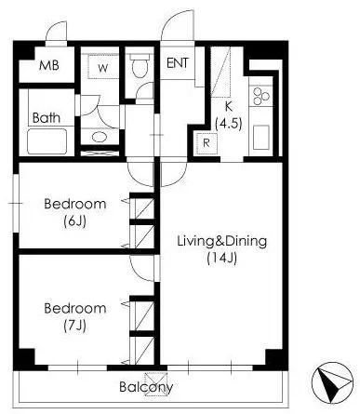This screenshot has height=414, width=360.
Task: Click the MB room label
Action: pyautogui.click(x=49, y=65)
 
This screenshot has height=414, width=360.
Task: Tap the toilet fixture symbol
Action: pyautogui.click(x=140, y=65)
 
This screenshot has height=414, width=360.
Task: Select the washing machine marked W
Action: pyautogui.click(x=103, y=66)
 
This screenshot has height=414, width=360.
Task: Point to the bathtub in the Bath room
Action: pyautogui.click(x=47, y=141)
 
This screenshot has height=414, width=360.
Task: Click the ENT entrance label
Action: pyautogui.click(x=178, y=63)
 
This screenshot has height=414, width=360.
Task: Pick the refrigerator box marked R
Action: pyautogui.click(x=207, y=143)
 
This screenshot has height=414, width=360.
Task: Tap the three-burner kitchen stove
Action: pyautogui.click(x=260, y=97)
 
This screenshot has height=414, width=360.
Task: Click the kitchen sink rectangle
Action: pyautogui.click(x=260, y=138)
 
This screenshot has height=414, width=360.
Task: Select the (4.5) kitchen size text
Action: pyautogui.click(x=229, y=124)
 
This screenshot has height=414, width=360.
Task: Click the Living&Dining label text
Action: pyautogui.click(x=222, y=242)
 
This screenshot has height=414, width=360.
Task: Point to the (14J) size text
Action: pyautogui.click(x=222, y=258)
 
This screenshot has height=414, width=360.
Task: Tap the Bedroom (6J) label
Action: pyautogui.click(x=75, y=212)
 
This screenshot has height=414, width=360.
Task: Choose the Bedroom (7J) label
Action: pyautogui.click(x=75, y=316)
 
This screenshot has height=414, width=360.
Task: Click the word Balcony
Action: pyautogui.click(x=146, y=387)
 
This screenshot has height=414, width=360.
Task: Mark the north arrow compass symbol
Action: pyautogui.click(x=333, y=381)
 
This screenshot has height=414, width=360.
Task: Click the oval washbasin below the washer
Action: pyautogui.click(x=100, y=137)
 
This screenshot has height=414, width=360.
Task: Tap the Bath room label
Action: pyautogui.click(x=47, y=118)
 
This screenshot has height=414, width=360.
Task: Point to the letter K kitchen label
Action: pyautogui.click(x=228, y=106)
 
